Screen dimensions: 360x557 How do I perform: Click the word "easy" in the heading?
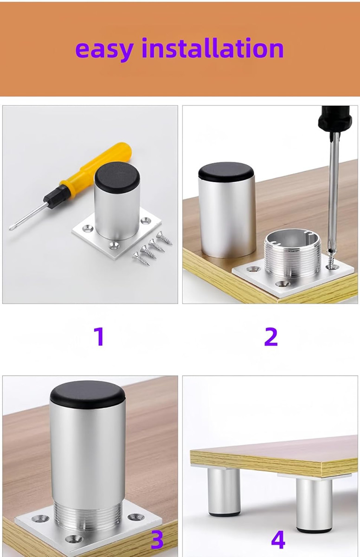tap(104, 50)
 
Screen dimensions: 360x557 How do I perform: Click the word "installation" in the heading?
tap(212, 48)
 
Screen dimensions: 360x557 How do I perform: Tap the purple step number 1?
tap(99, 337)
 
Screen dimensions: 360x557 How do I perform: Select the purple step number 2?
tap(271, 337)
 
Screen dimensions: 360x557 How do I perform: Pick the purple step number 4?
tap(278, 539)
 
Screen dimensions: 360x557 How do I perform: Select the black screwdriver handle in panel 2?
tap(335, 119)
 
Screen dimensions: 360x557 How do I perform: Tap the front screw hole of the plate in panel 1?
tap(115, 246)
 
